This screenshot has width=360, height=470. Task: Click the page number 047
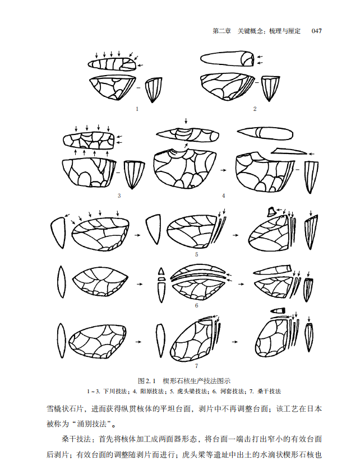316,31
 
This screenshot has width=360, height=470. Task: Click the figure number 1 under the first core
137,109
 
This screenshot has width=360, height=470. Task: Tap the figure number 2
255,109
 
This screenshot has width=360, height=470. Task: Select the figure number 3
119,196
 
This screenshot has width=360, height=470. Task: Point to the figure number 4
223,196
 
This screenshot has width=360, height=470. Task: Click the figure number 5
196,254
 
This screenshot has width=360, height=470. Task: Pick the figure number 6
196,305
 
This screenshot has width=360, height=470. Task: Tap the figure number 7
196,366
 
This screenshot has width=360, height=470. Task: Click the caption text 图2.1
147,381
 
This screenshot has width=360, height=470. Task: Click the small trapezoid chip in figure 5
271,211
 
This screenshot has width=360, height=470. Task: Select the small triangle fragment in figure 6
161,271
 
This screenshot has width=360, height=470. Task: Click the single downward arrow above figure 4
186,121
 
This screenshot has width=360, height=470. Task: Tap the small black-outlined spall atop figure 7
278,311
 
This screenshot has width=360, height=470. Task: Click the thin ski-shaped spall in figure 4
289,151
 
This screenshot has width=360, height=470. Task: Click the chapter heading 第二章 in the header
221,31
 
